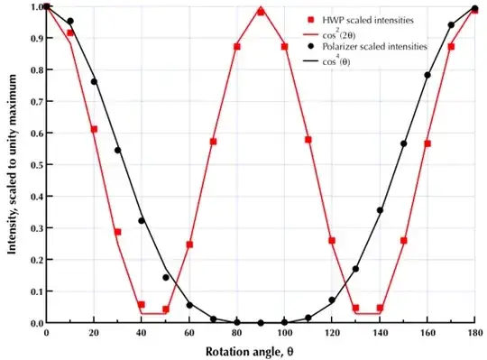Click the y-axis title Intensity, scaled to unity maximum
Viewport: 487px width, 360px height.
tap(14, 164)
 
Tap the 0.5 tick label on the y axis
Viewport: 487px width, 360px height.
tap(32, 165)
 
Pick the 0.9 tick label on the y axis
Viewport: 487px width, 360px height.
tap(32, 39)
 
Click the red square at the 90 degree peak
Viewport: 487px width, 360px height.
tap(261, 12)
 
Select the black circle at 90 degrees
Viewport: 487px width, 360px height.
tap(261, 322)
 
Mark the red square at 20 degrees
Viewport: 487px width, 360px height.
tap(94, 129)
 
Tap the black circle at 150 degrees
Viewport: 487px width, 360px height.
tap(403, 143)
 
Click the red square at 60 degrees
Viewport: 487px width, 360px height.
tap(189, 244)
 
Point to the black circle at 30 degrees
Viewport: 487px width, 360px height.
tap(117, 151)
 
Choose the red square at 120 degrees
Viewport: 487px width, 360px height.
tap(332, 240)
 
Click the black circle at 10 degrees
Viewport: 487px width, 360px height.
tap(70, 21)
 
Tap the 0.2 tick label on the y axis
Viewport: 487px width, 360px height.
tap(32, 260)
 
